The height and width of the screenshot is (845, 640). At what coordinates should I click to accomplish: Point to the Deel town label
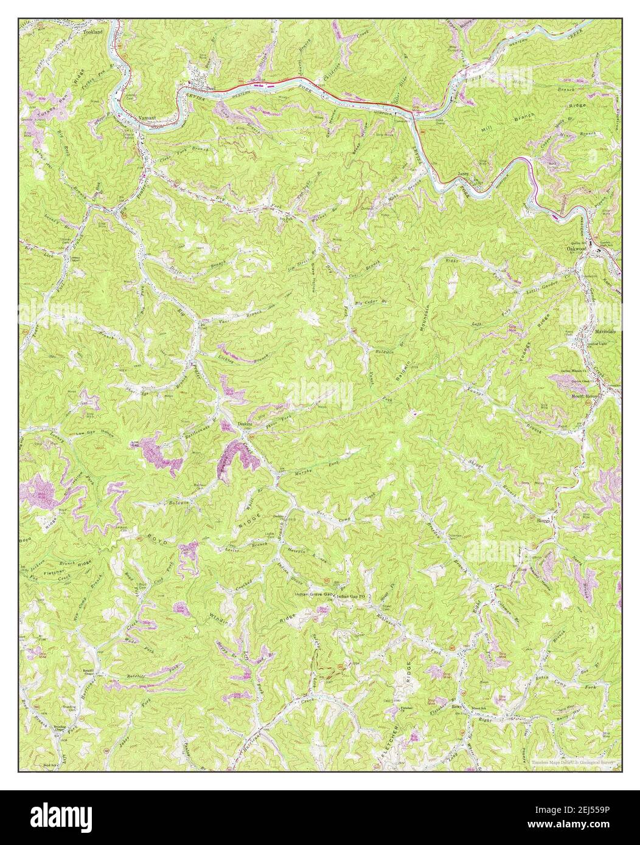[212, 88]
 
